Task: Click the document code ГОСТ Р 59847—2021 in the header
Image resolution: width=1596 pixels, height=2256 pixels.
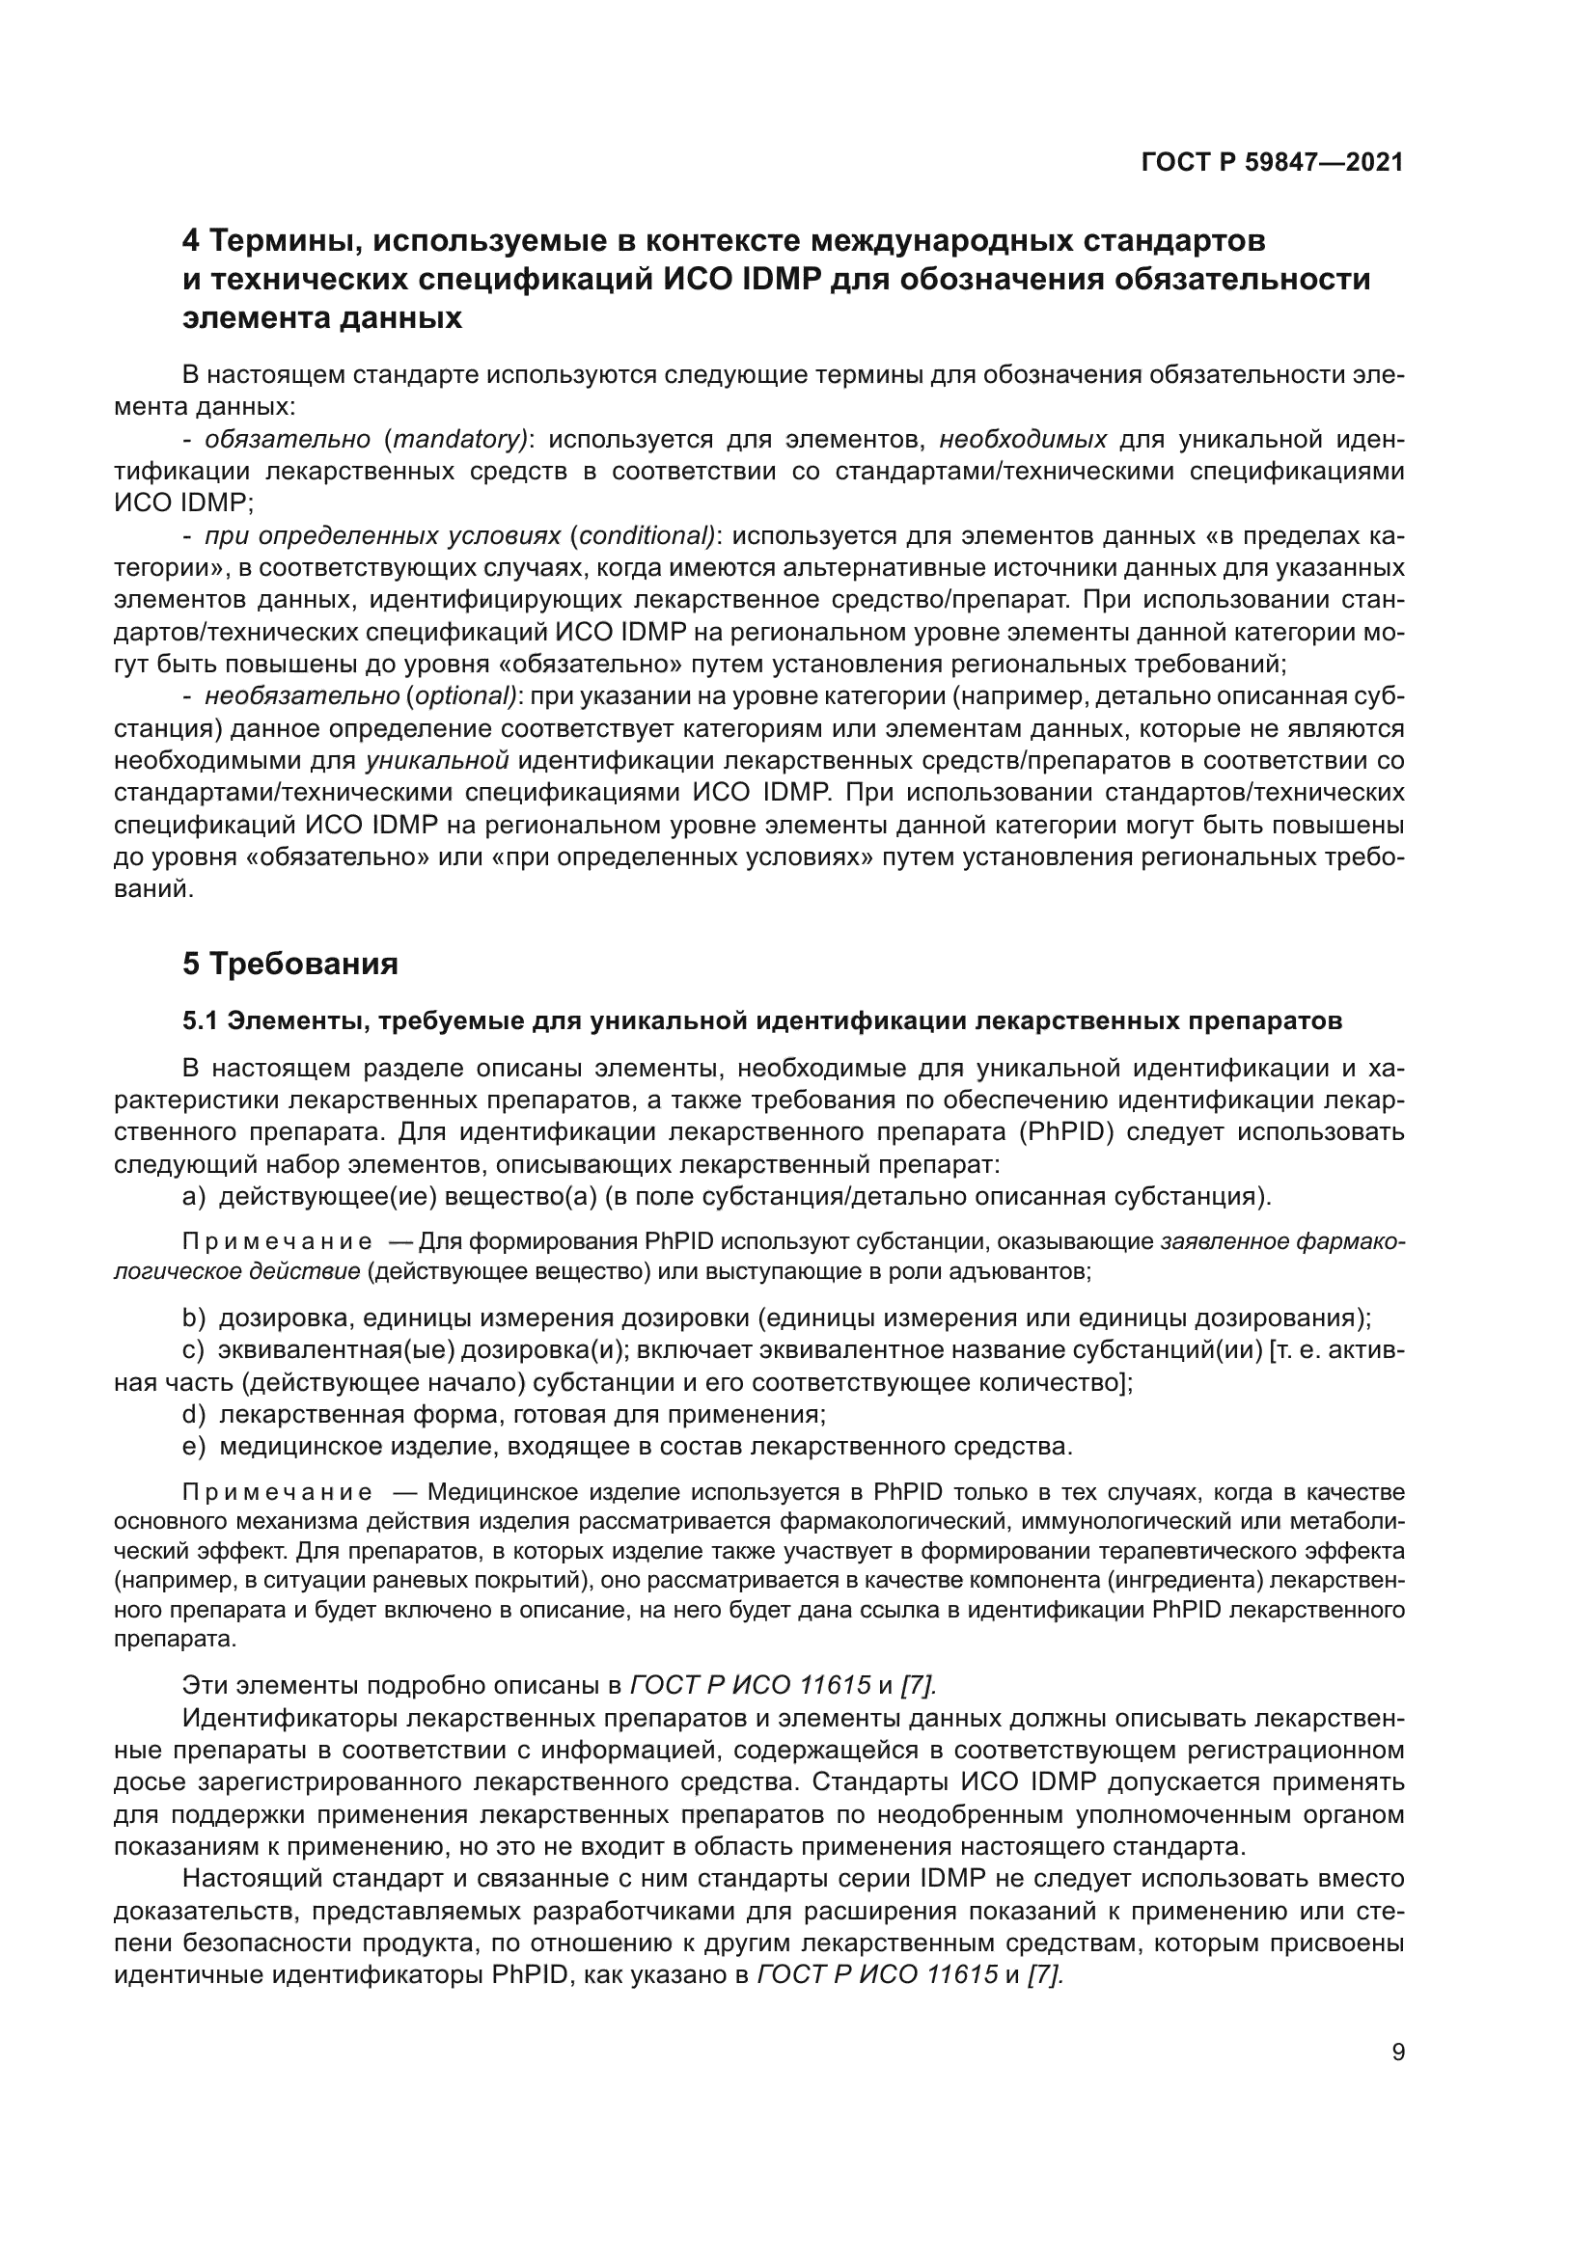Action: pos(1272,162)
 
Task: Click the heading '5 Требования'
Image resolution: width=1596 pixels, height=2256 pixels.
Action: pos(289,964)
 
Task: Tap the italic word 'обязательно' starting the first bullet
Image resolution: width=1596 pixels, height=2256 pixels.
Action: pos(287,439)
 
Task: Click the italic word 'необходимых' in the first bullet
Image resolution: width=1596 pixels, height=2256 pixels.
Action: pos(1023,439)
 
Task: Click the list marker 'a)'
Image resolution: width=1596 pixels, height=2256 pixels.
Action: pos(194,1197)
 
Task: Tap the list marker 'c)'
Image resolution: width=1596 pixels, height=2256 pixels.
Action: pos(194,1350)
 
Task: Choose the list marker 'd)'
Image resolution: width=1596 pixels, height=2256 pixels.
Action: pos(194,1414)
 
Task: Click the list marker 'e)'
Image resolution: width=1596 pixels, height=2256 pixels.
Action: pos(194,1447)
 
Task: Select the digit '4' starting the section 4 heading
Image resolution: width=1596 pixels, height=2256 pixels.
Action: pos(192,240)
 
